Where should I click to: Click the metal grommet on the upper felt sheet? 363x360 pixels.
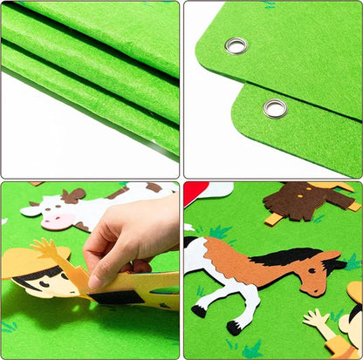(235, 45)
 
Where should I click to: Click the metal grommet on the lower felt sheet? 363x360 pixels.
(274, 108)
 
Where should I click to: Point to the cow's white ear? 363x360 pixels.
(31, 209)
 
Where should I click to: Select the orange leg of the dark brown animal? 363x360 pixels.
(275, 219)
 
